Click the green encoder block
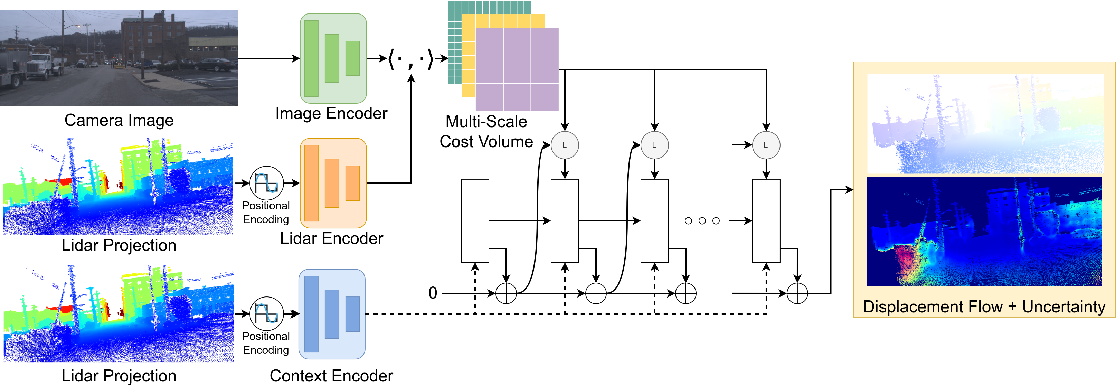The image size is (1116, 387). tap(333, 58)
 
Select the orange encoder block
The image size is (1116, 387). tap(333, 183)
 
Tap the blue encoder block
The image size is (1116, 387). tap(332, 314)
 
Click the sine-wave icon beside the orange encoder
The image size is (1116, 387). tap(266, 183)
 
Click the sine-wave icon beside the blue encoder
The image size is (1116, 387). tap(266, 314)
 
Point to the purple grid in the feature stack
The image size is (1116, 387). tap(517, 70)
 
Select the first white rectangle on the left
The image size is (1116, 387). tap(475, 220)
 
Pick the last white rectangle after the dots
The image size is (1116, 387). tap(766, 220)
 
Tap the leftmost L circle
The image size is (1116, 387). tap(565, 145)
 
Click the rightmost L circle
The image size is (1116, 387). tap(766, 145)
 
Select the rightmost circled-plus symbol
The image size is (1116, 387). tap(797, 293)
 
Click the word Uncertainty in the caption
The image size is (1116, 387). tap(1063, 307)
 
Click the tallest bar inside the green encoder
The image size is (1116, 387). tap(311, 58)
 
